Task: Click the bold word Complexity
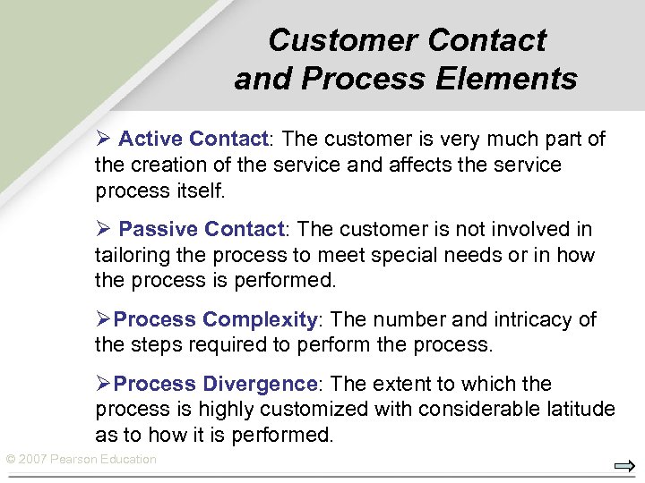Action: [260, 320]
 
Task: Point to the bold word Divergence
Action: [260, 385]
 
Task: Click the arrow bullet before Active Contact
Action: [103, 139]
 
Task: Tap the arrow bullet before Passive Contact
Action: [103, 229]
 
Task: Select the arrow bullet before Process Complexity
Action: [103, 319]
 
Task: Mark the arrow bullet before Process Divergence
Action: [103, 384]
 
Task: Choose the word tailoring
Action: [130, 256]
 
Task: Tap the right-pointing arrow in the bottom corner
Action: [624, 466]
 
